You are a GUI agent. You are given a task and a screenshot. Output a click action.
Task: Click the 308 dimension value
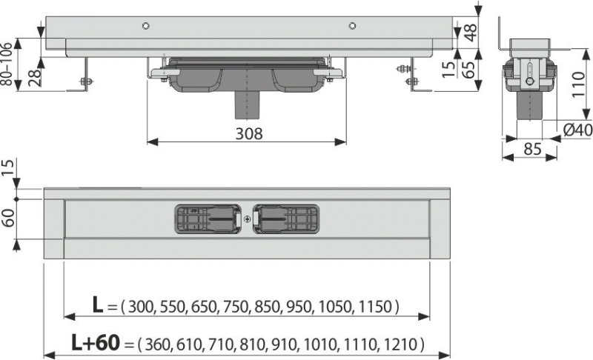click(249, 133)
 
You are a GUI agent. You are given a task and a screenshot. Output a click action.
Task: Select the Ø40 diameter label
click(577, 130)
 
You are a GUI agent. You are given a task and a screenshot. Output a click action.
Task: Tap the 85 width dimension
click(533, 149)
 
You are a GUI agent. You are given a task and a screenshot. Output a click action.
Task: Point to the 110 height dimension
click(578, 84)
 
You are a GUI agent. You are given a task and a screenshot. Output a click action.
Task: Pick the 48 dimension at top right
click(471, 32)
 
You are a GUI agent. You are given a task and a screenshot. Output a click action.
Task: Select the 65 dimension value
click(469, 70)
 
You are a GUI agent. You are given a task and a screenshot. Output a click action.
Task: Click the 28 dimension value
click(34, 78)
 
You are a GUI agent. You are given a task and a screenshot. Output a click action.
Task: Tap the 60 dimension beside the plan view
click(8, 218)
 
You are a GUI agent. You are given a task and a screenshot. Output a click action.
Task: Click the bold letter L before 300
click(98, 305)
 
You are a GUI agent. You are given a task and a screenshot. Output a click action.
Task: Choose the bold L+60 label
click(96, 343)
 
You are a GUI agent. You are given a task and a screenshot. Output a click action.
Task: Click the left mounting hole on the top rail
click(145, 26)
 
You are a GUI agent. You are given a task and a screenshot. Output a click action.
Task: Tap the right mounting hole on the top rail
click(352, 26)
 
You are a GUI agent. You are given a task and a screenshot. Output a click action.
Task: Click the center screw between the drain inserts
click(247, 219)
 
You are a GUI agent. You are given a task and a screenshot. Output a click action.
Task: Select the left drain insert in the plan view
click(208, 219)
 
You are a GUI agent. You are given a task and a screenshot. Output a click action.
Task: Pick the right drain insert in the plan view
click(286, 219)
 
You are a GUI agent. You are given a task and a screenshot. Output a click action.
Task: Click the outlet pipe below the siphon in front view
click(248, 105)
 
